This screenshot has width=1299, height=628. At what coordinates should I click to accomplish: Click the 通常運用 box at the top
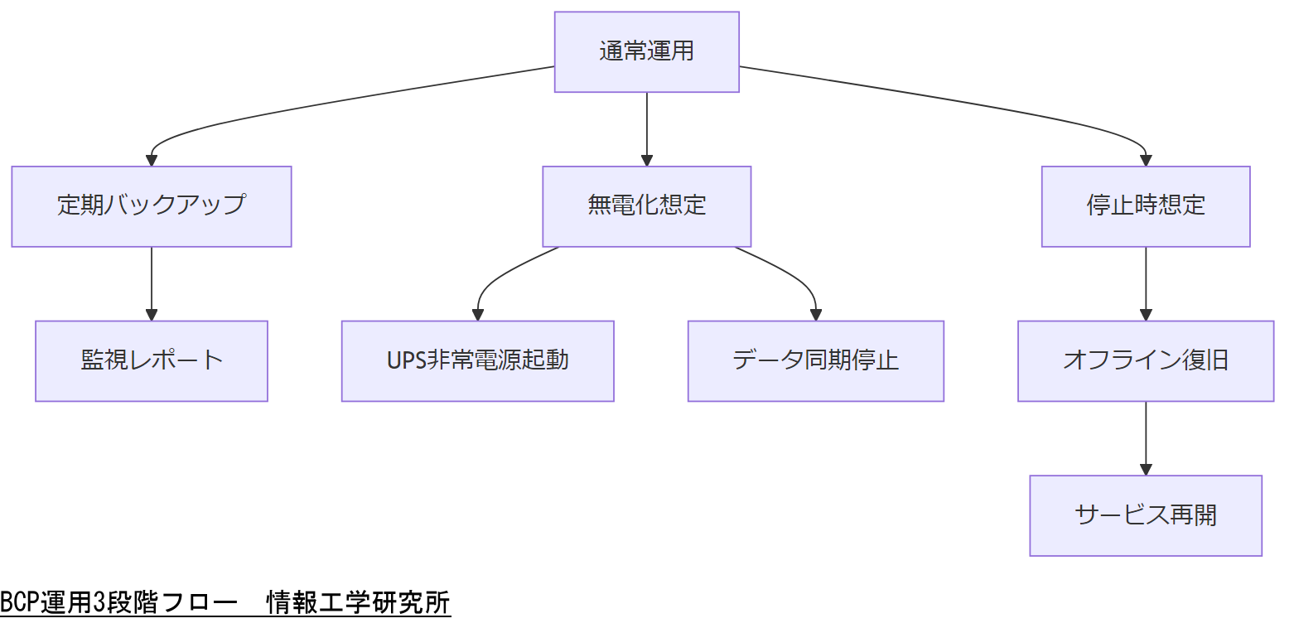[x=646, y=51]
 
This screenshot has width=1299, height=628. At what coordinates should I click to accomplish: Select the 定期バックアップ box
[x=152, y=205]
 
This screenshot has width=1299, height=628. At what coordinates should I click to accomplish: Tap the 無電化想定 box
[x=646, y=205]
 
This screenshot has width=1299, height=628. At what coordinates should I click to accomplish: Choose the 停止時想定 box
[x=1145, y=205]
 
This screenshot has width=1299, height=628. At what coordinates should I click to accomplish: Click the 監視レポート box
[x=152, y=360]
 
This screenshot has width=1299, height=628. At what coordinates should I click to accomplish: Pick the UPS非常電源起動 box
[x=477, y=360]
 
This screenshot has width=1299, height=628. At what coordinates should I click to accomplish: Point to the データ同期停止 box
[x=815, y=360]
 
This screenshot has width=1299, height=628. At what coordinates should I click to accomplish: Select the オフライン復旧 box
[x=1145, y=360]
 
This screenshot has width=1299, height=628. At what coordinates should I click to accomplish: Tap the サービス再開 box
[x=1145, y=515]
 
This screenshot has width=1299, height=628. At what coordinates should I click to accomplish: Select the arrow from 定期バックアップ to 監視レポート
[x=152, y=282]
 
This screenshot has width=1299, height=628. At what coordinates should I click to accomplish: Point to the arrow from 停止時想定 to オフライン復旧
[x=1146, y=282]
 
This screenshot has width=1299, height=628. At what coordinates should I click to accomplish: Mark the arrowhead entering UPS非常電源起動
[x=478, y=315]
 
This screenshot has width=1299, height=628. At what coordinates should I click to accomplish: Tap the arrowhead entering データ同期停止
[x=815, y=315]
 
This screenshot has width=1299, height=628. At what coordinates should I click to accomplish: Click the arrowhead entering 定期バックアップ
[x=152, y=161]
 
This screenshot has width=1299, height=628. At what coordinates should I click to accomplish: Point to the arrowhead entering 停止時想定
[x=1146, y=161]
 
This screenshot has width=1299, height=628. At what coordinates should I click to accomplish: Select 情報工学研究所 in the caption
[x=358, y=603]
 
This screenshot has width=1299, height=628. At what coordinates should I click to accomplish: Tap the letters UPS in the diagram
[x=405, y=360]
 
